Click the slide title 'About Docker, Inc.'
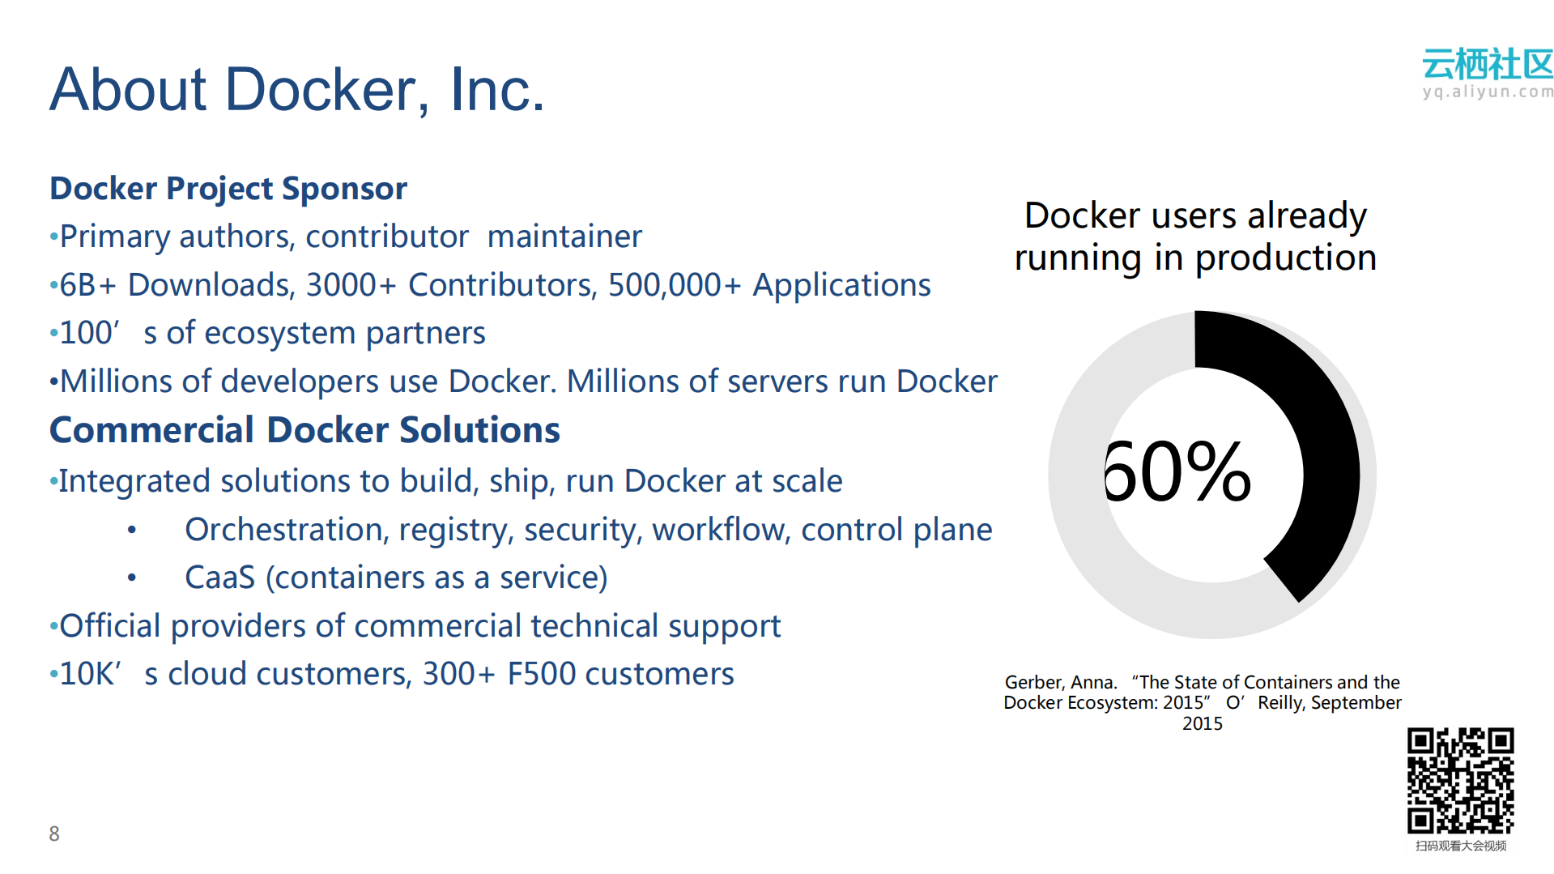tap(297, 89)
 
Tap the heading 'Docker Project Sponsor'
tap(228, 189)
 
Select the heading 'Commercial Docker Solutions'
tap(304, 430)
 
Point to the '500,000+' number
tap(674, 285)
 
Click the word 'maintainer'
tap(564, 237)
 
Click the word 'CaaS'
tap(219, 578)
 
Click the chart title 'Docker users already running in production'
tap(1195, 237)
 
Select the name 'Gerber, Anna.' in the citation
tap(1061, 682)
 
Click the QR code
tap(1460, 780)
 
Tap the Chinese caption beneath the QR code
tap(1461, 846)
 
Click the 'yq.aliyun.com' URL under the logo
tap(1488, 92)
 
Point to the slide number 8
tap(54, 833)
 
